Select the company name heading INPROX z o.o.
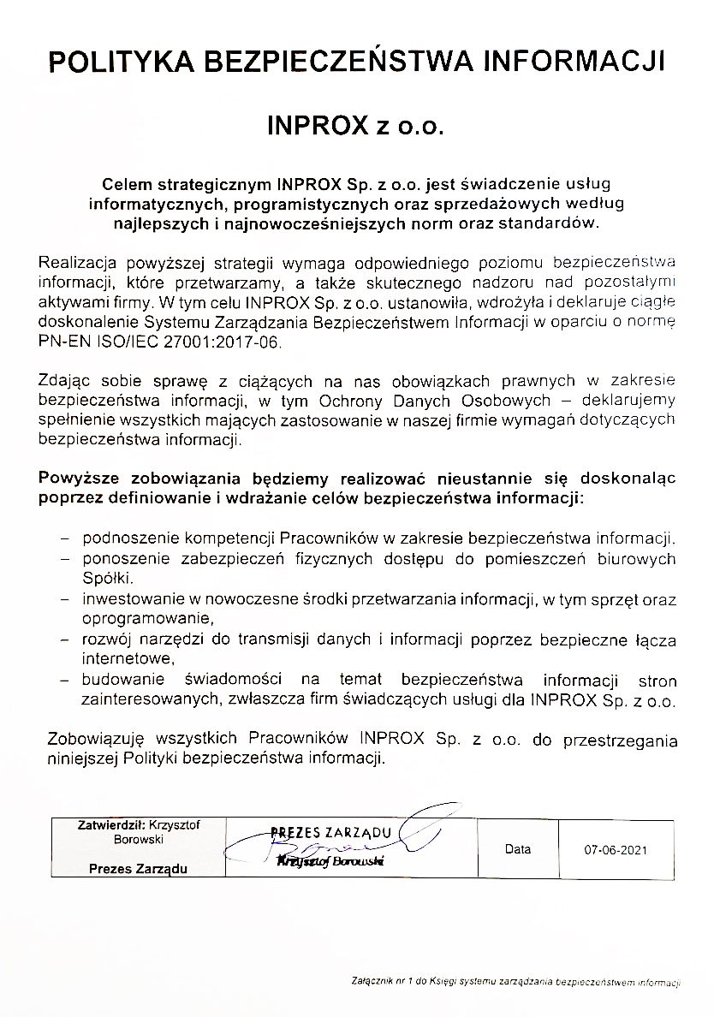356,126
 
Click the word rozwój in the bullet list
106,639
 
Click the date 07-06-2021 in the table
616,851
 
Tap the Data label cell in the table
518,849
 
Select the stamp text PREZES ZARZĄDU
330,832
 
